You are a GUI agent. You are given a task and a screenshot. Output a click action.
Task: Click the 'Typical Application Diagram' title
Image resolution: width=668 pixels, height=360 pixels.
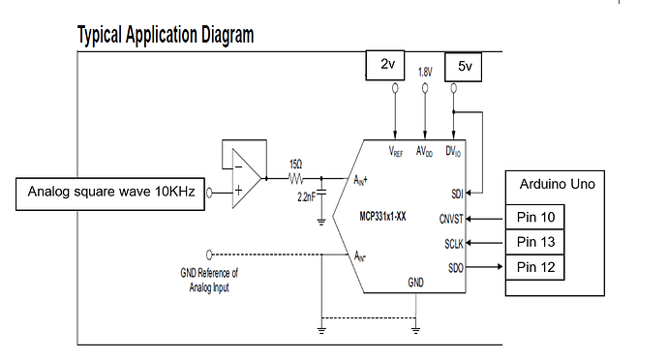point(165,35)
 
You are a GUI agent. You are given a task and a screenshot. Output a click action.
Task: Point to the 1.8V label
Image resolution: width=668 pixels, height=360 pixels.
point(425,72)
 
